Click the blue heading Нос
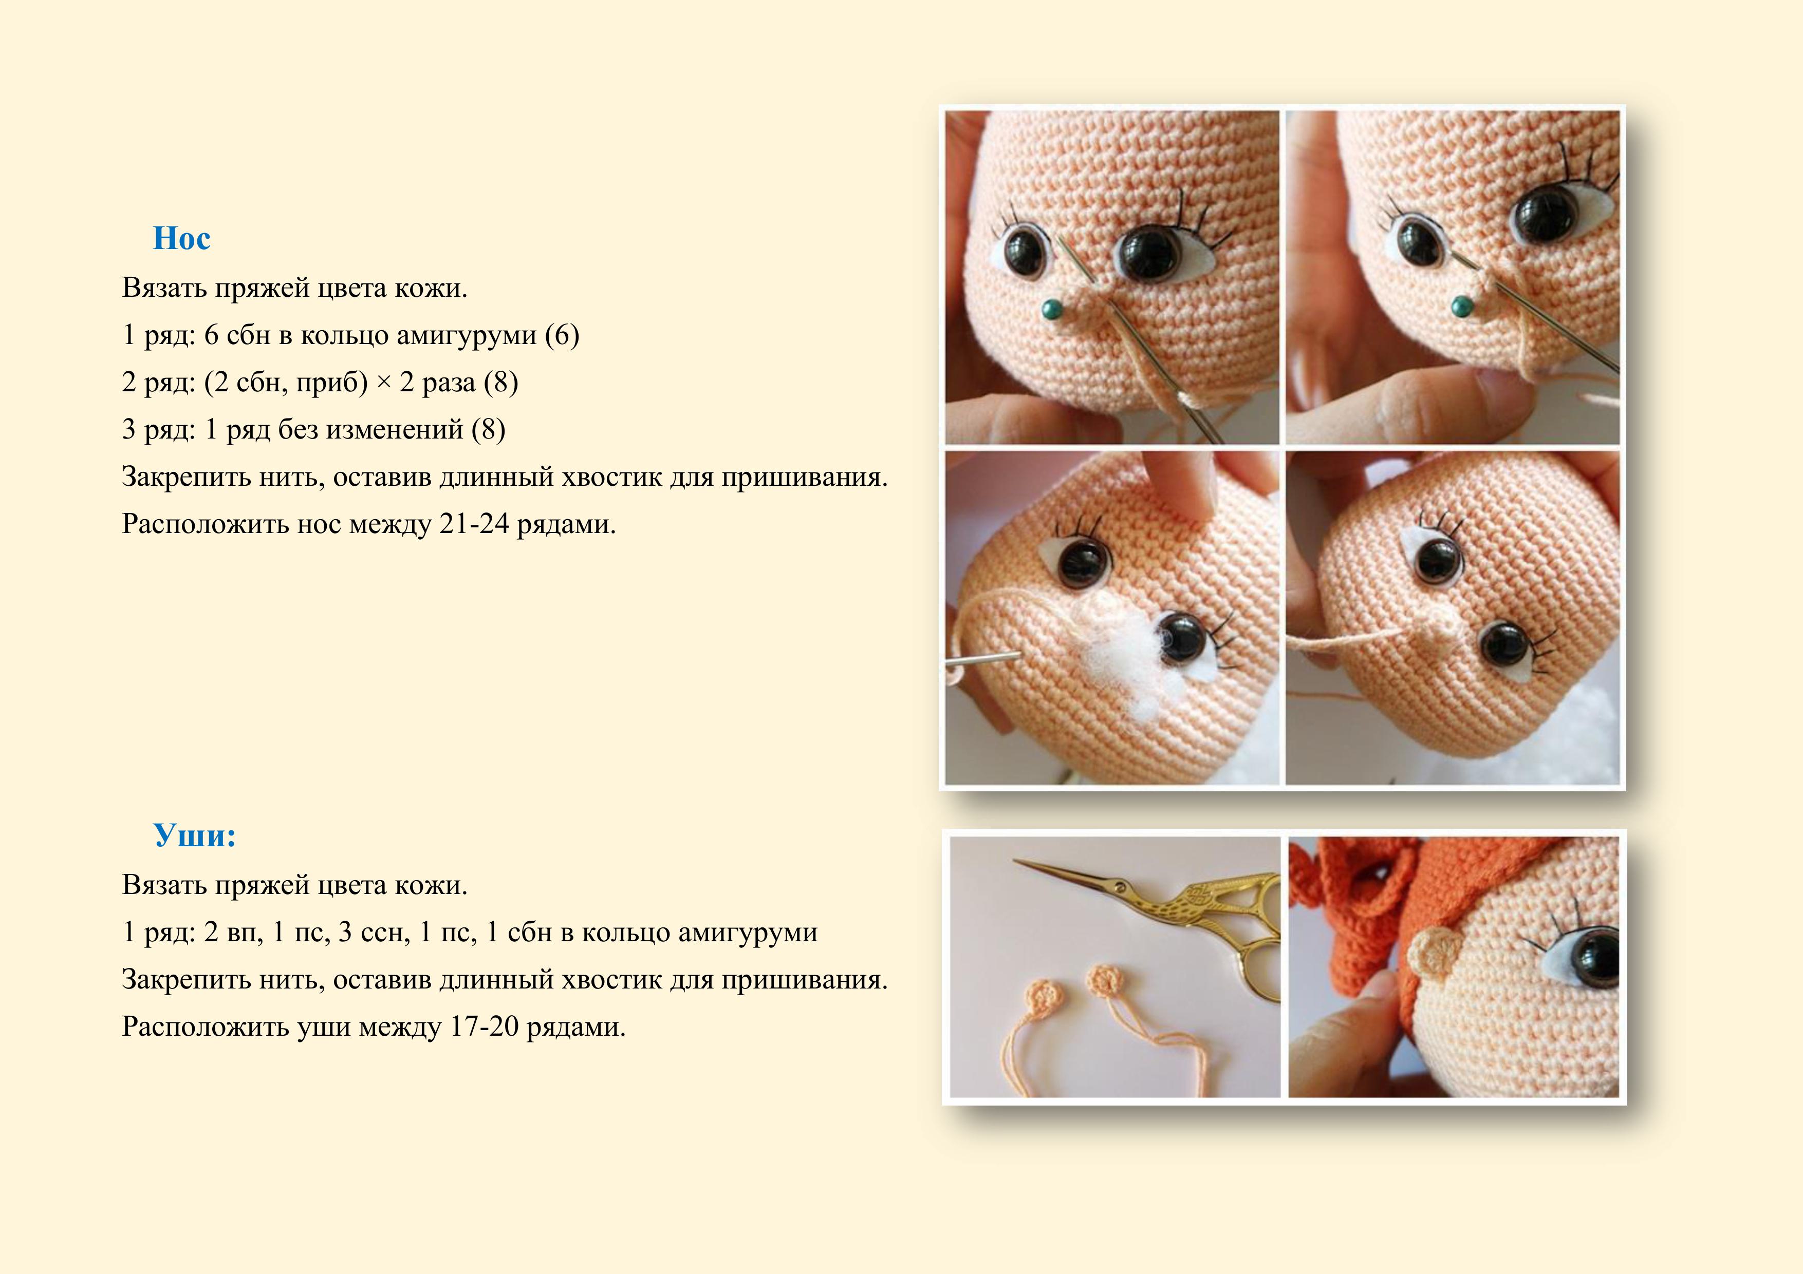click(x=181, y=238)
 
